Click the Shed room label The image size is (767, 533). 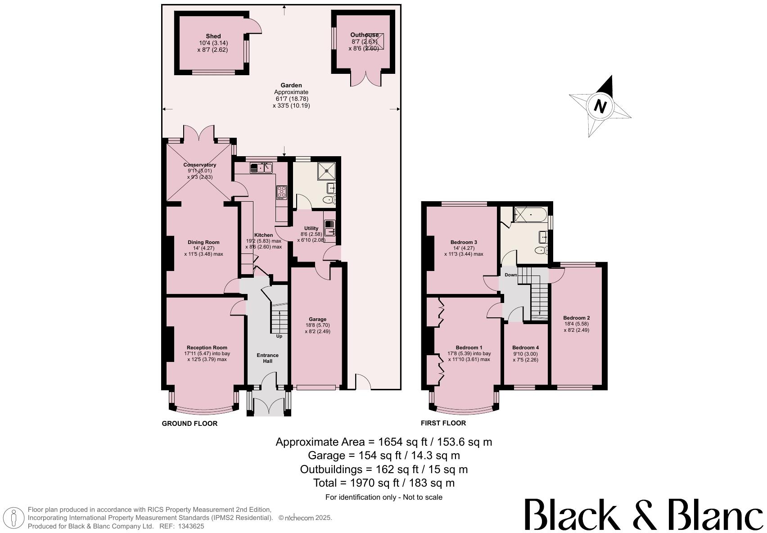tap(213, 36)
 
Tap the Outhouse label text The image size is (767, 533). tap(364, 35)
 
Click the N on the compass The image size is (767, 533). tap(600, 107)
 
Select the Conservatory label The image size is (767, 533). tap(199, 165)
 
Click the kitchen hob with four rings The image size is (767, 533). tap(281, 192)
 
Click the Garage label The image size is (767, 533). tap(317, 319)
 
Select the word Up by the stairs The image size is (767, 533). tap(279, 336)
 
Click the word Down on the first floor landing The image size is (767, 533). tap(510, 275)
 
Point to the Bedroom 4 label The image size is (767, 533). tap(525, 348)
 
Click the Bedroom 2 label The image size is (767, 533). tap(576, 318)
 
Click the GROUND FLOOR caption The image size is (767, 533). tap(189, 424)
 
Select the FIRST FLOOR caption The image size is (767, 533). tap(443, 423)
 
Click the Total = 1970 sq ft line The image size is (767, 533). tap(383, 483)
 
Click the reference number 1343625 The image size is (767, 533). tap(191, 526)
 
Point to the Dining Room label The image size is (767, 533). tap(203, 242)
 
